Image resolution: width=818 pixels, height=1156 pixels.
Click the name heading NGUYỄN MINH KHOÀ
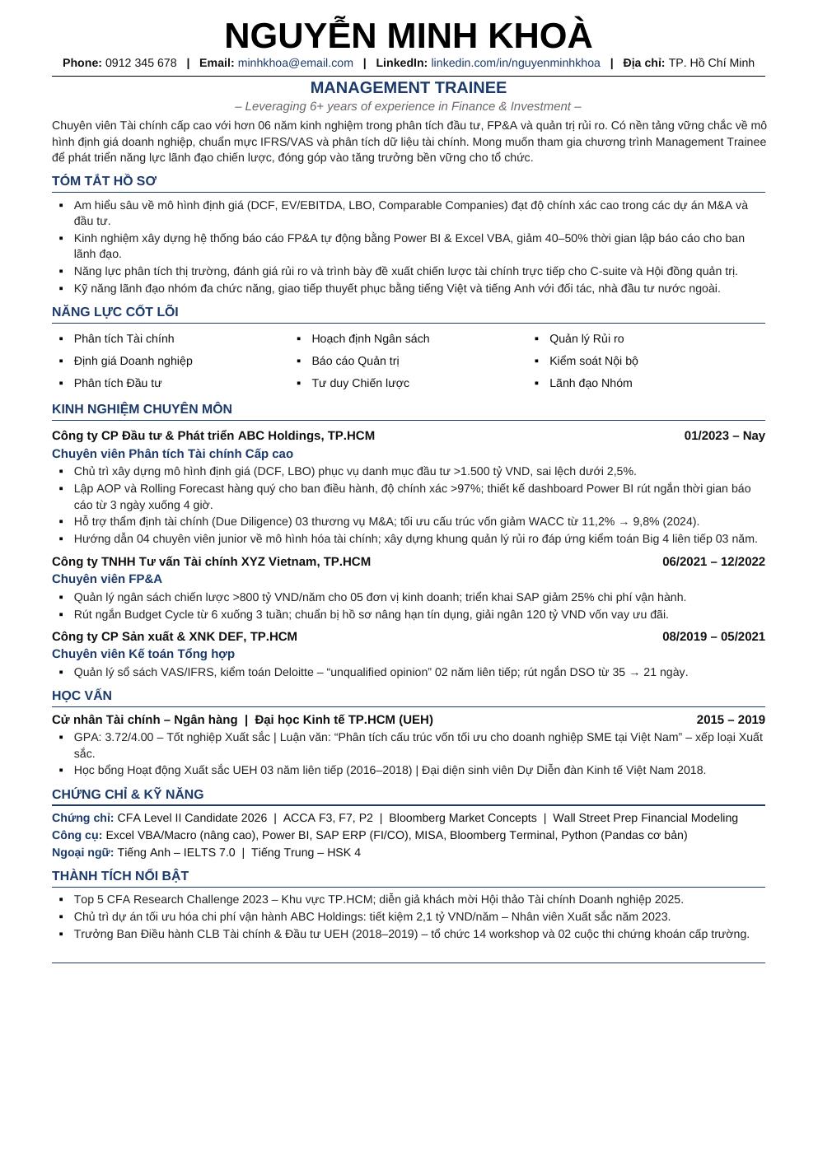point(408,36)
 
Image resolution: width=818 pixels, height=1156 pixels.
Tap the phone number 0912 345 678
point(141,63)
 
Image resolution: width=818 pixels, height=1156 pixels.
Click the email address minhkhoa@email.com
point(295,63)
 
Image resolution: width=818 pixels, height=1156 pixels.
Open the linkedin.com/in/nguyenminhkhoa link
point(515,63)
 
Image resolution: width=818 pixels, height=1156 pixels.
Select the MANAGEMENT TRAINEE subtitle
point(408,88)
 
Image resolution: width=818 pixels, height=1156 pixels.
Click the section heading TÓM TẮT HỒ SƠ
point(104,181)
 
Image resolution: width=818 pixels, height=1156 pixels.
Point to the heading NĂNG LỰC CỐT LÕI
point(115,312)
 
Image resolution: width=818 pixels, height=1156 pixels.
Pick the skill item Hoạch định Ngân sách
point(370,339)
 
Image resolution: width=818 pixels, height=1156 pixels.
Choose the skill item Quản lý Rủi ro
point(587,339)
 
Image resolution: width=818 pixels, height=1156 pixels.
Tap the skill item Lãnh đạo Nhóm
point(591,384)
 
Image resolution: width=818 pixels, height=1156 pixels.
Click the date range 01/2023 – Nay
point(724,436)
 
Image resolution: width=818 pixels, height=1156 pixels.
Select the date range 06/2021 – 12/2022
point(713,562)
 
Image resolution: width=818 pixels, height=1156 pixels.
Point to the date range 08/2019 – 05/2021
point(713,636)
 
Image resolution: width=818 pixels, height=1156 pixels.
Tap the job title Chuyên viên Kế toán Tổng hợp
point(143,654)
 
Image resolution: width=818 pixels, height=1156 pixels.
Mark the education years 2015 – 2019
point(731,720)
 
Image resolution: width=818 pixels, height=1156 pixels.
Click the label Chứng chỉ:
point(82,818)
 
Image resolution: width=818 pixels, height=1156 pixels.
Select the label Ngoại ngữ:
point(82,853)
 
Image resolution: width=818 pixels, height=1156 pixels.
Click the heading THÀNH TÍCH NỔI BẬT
point(119,876)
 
